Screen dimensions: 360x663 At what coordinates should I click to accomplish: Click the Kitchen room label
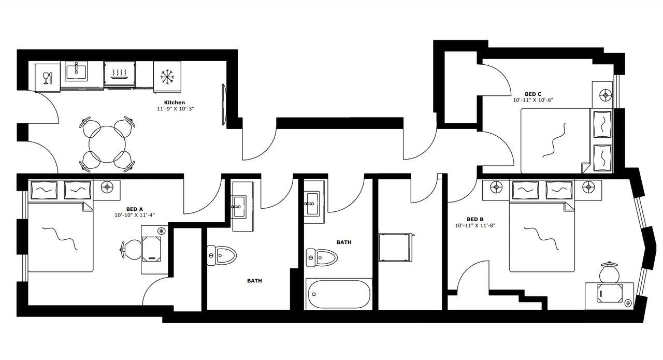[175, 103]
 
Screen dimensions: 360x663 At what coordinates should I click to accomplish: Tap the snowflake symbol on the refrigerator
[167, 77]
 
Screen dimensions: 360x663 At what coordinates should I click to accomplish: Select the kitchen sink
[76, 71]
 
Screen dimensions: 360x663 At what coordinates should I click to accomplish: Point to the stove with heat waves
[120, 73]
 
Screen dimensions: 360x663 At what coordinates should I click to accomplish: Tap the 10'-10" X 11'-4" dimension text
[135, 214]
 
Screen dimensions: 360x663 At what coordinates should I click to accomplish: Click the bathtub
[339, 294]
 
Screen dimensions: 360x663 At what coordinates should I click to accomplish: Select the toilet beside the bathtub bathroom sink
[322, 256]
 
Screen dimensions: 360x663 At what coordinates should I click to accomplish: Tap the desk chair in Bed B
[609, 271]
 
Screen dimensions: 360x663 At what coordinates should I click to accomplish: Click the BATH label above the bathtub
[344, 242]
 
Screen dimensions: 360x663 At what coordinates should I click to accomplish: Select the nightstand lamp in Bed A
[108, 186]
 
